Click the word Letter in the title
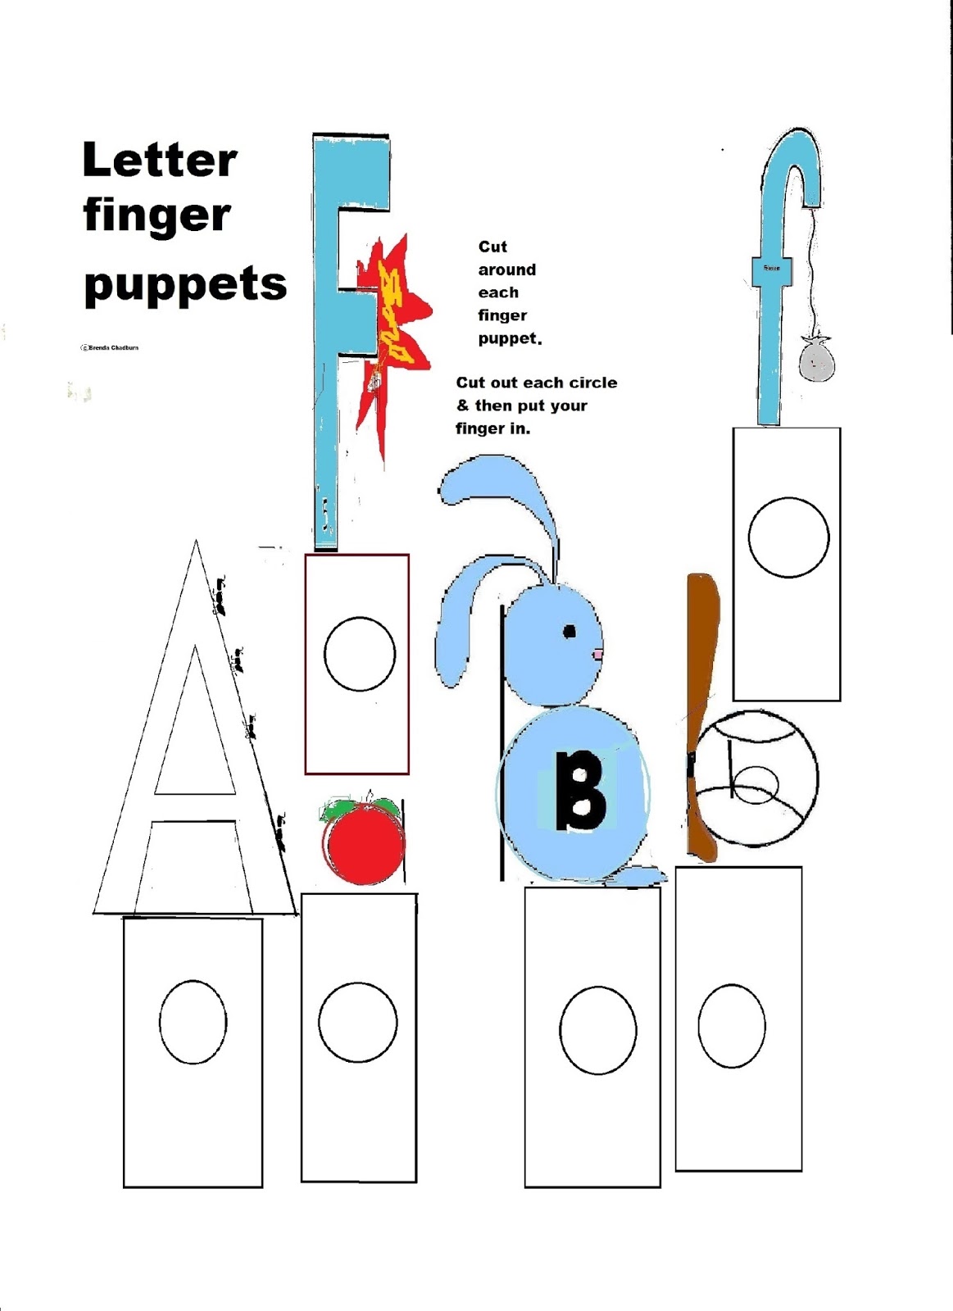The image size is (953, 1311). (160, 161)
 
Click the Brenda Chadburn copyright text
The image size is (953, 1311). (110, 347)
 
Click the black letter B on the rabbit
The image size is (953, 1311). (580, 792)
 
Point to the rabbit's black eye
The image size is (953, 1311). (570, 631)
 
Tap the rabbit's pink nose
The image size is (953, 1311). (598, 654)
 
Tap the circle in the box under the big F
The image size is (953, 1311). (359, 654)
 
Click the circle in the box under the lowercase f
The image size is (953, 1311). (788, 538)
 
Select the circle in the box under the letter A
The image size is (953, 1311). (193, 1022)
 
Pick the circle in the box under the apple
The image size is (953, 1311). (358, 1023)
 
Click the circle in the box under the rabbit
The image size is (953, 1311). (598, 1030)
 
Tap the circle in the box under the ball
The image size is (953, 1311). (732, 1026)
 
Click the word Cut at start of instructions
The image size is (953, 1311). (492, 247)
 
